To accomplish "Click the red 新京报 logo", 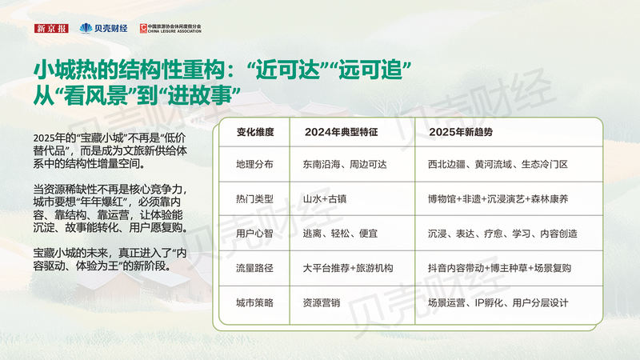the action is click(51, 28).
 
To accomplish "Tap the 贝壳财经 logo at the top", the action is click(104, 28).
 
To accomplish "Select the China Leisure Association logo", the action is click(170, 28).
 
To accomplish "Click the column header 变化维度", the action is click(255, 132).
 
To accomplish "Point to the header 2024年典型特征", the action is click(342, 132).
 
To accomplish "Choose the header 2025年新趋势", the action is click(461, 132).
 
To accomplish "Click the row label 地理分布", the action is click(254, 165).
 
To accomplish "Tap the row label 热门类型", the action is click(254, 199).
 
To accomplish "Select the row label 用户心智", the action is click(254, 234).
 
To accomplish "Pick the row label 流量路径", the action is click(254, 268).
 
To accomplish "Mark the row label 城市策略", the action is click(254, 303).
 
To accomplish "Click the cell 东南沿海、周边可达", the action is click(345, 165).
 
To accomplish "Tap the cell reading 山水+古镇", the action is click(325, 199).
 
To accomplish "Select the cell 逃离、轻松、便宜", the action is click(340, 234).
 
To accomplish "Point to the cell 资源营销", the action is click(322, 303).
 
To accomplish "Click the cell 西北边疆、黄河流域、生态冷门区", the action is click(498, 165).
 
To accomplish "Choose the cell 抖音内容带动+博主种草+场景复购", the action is click(499, 268).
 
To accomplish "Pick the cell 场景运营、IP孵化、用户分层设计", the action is click(498, 303).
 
